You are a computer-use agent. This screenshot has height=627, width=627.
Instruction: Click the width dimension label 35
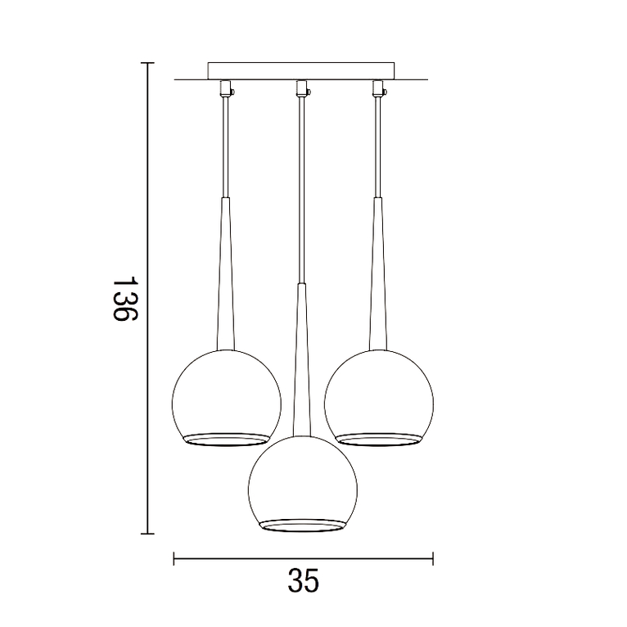[303, 581]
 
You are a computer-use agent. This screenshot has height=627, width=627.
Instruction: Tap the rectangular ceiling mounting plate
[301, 71]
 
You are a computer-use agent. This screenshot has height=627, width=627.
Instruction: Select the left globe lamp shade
[226, 393]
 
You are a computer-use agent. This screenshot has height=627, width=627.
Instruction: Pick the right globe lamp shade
[378, 393]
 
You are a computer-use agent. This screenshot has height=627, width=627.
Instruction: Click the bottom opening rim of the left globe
[226, 438]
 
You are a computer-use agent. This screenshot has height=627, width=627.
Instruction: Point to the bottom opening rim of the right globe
[378, 438]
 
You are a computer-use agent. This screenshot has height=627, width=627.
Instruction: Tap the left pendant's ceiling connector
[225, 87]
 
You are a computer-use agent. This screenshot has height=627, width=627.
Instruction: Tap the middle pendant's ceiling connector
[301, 87]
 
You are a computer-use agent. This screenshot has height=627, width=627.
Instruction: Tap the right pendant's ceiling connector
[377, 87]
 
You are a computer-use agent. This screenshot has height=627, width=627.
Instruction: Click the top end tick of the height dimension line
[147, 63]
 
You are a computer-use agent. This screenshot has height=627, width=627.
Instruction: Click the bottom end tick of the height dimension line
[147, 534]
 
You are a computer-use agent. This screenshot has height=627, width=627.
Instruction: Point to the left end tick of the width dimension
[174, 559]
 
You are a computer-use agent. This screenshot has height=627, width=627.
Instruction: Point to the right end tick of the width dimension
[432, 559]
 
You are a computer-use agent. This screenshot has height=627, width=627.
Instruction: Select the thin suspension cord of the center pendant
[301, 188]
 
